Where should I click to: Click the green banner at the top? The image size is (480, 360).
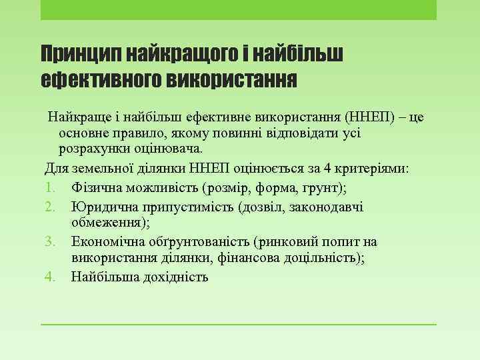click(238, 9)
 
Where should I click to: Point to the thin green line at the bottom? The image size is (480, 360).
click(238, 324)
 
